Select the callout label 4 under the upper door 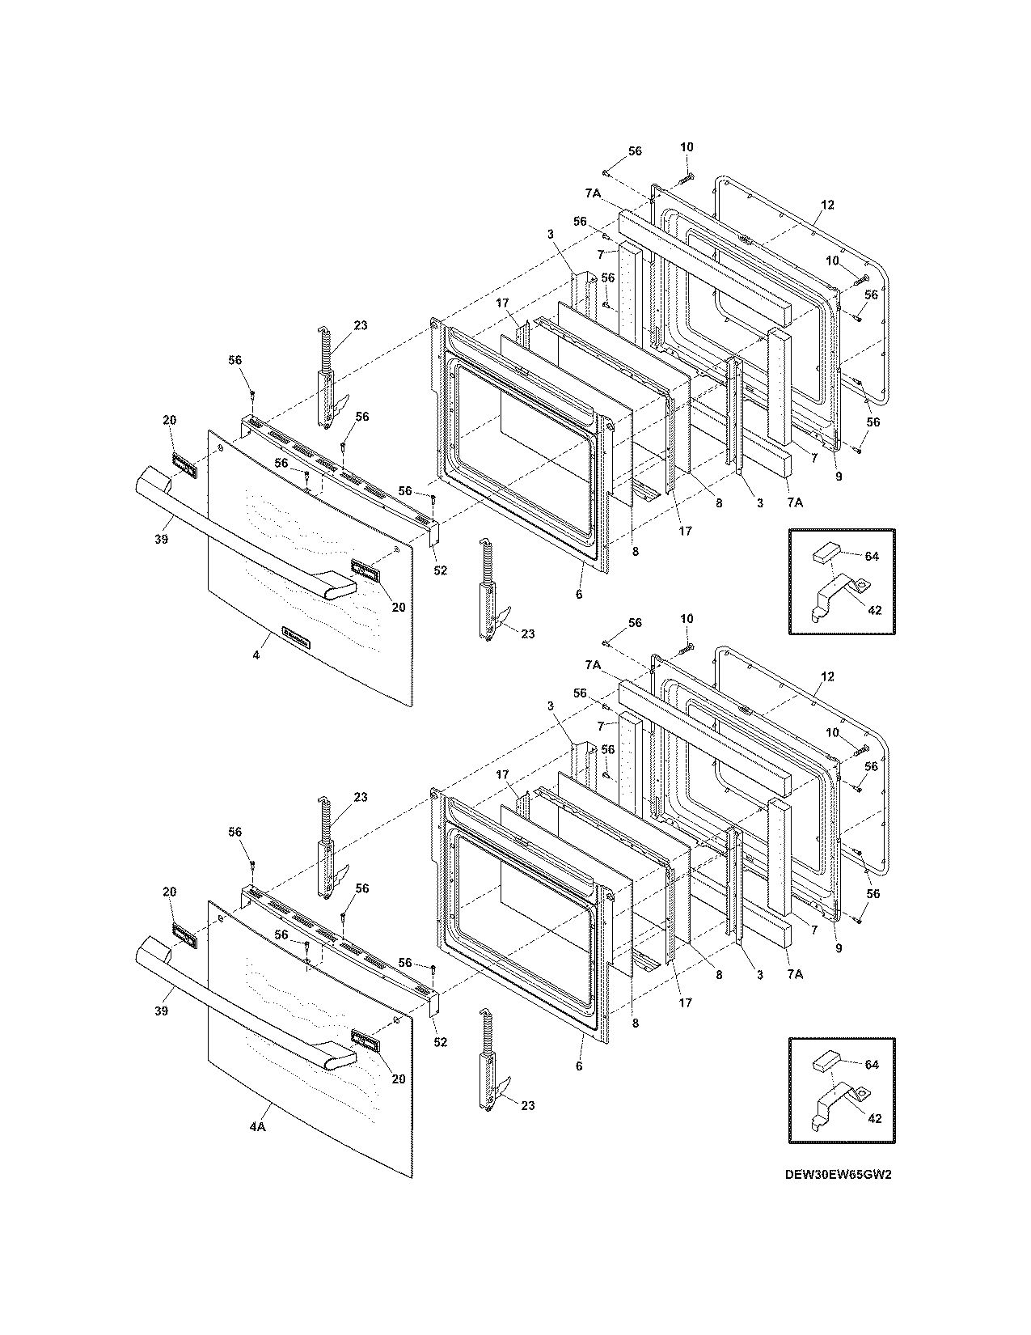tap(256, 655)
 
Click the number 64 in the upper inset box tap(871, 557)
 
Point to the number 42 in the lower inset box tap(874, 1119)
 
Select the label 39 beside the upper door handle tap(162, 539)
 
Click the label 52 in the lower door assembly tap(440, 1042)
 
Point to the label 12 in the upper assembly tap(826, 205)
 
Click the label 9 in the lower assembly tap(839, 949)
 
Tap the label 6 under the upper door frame tap(579, 595)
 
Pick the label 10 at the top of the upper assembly tap(686, 146)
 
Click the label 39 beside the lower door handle tap(162, 1011)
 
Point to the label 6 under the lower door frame tap(579, 1066)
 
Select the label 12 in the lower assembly tap(826, 676)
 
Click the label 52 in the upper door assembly tap(440, 570)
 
